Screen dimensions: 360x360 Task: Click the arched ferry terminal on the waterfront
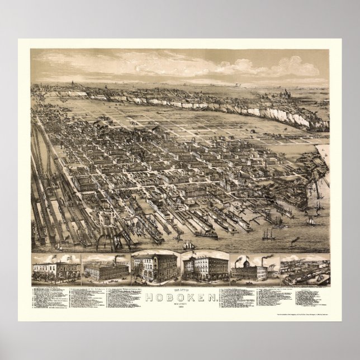[108, 228]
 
